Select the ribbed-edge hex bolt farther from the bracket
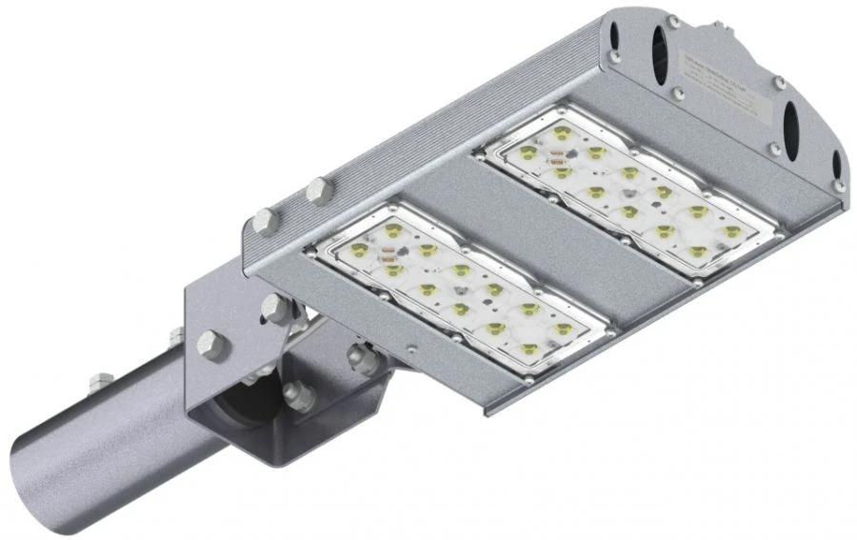pos(316,191)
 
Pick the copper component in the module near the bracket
pos(389,254)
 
